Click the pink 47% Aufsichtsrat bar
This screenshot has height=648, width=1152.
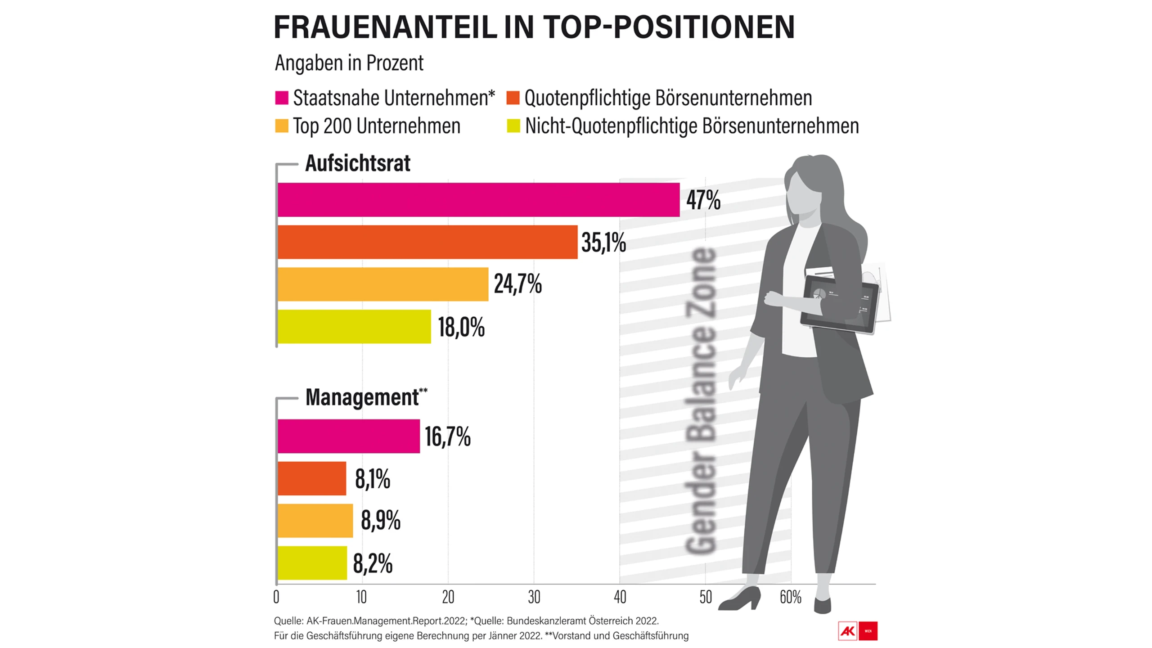tap(478, 200)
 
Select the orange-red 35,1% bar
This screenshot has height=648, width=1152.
tap(427, 242)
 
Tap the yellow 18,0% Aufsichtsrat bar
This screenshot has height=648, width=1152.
tap(354, 327)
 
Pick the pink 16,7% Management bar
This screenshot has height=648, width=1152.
tap(349, 436)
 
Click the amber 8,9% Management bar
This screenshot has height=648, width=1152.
tap(315, 521)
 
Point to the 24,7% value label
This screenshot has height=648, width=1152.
tap(517, 284)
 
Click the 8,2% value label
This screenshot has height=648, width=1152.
tap(373, 563)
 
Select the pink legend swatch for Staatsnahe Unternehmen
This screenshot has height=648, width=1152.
tap(282, 98)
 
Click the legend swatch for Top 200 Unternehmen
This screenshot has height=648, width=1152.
tap(282, 126)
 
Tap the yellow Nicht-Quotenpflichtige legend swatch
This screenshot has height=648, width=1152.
tap(513, 126)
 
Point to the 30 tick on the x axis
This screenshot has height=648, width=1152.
tap(534, 597)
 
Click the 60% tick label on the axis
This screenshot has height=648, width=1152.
tap(790, 597)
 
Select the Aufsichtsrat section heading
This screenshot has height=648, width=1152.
tap(358, 163)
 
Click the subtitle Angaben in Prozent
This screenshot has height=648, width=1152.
tap(349, 63)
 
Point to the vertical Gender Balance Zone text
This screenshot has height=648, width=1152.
tap(701, 400)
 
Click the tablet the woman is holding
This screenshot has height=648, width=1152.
tap(840, 304)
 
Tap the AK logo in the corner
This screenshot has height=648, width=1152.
tap(848, 631)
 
